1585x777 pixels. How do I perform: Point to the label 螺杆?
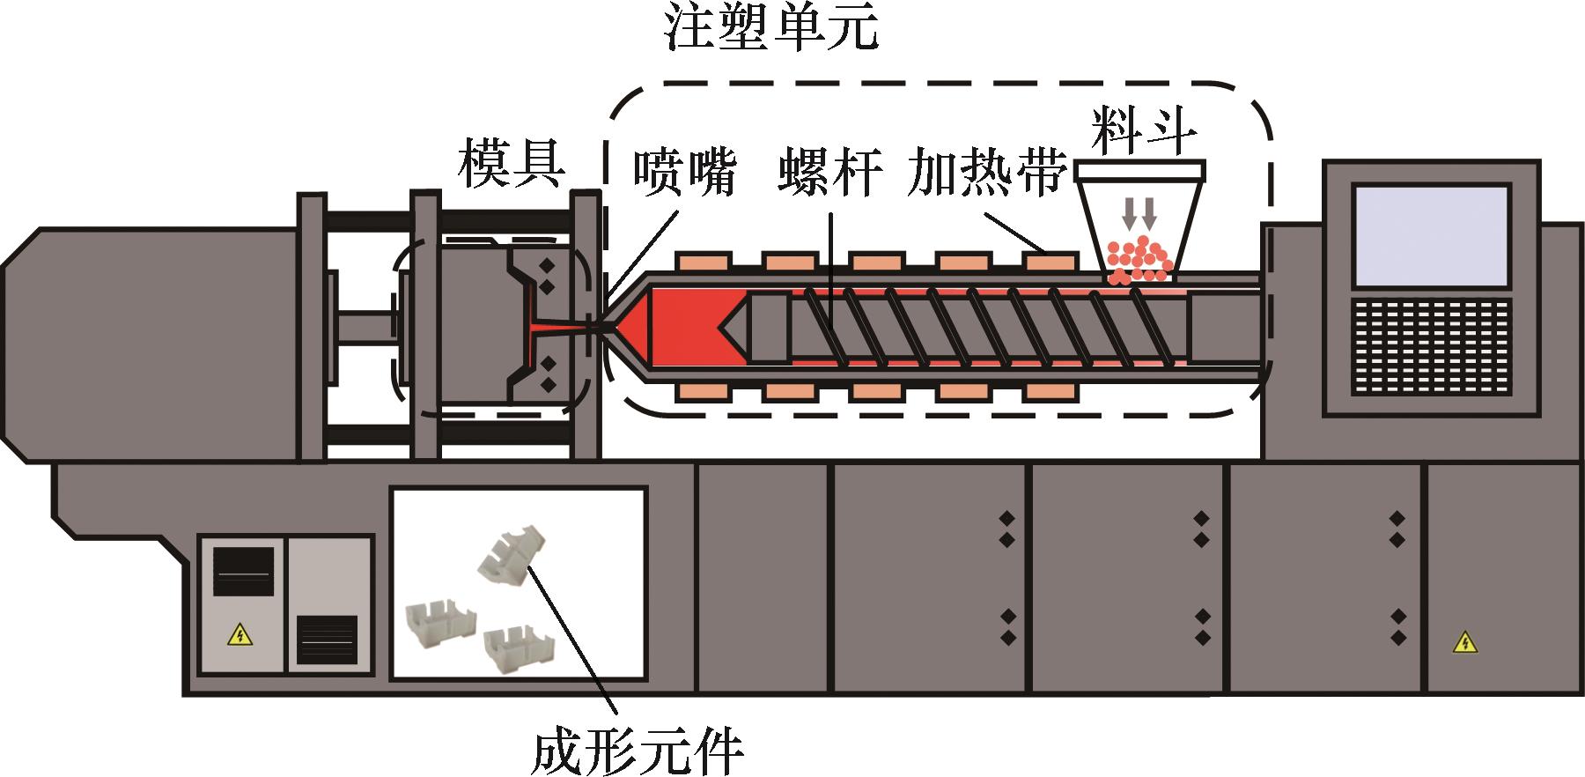coord(829,173)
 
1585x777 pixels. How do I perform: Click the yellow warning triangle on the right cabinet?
coord(1464,643)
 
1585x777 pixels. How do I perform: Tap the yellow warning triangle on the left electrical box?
coord(239,633)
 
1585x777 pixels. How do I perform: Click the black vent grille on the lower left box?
coord(327,640)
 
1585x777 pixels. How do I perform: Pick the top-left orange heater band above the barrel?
coord(704,261)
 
